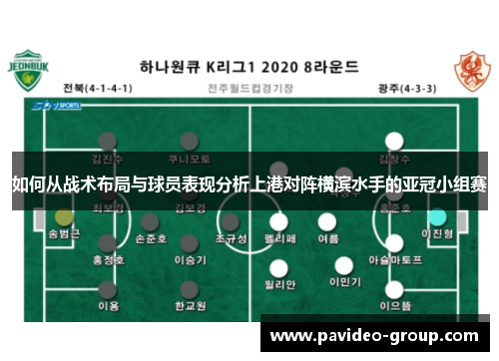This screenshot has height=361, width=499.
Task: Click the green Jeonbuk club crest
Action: click(x=33, y=71)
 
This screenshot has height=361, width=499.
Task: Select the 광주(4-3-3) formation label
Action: click(x=407, y=88)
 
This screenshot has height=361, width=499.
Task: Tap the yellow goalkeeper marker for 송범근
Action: click(x=64, y=216)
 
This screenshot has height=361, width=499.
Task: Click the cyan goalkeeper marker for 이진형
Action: click(x=437, y=216)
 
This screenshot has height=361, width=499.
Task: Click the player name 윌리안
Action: click(x=278, y=284)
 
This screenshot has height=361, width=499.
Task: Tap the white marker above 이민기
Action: click(x=343, y=266)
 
